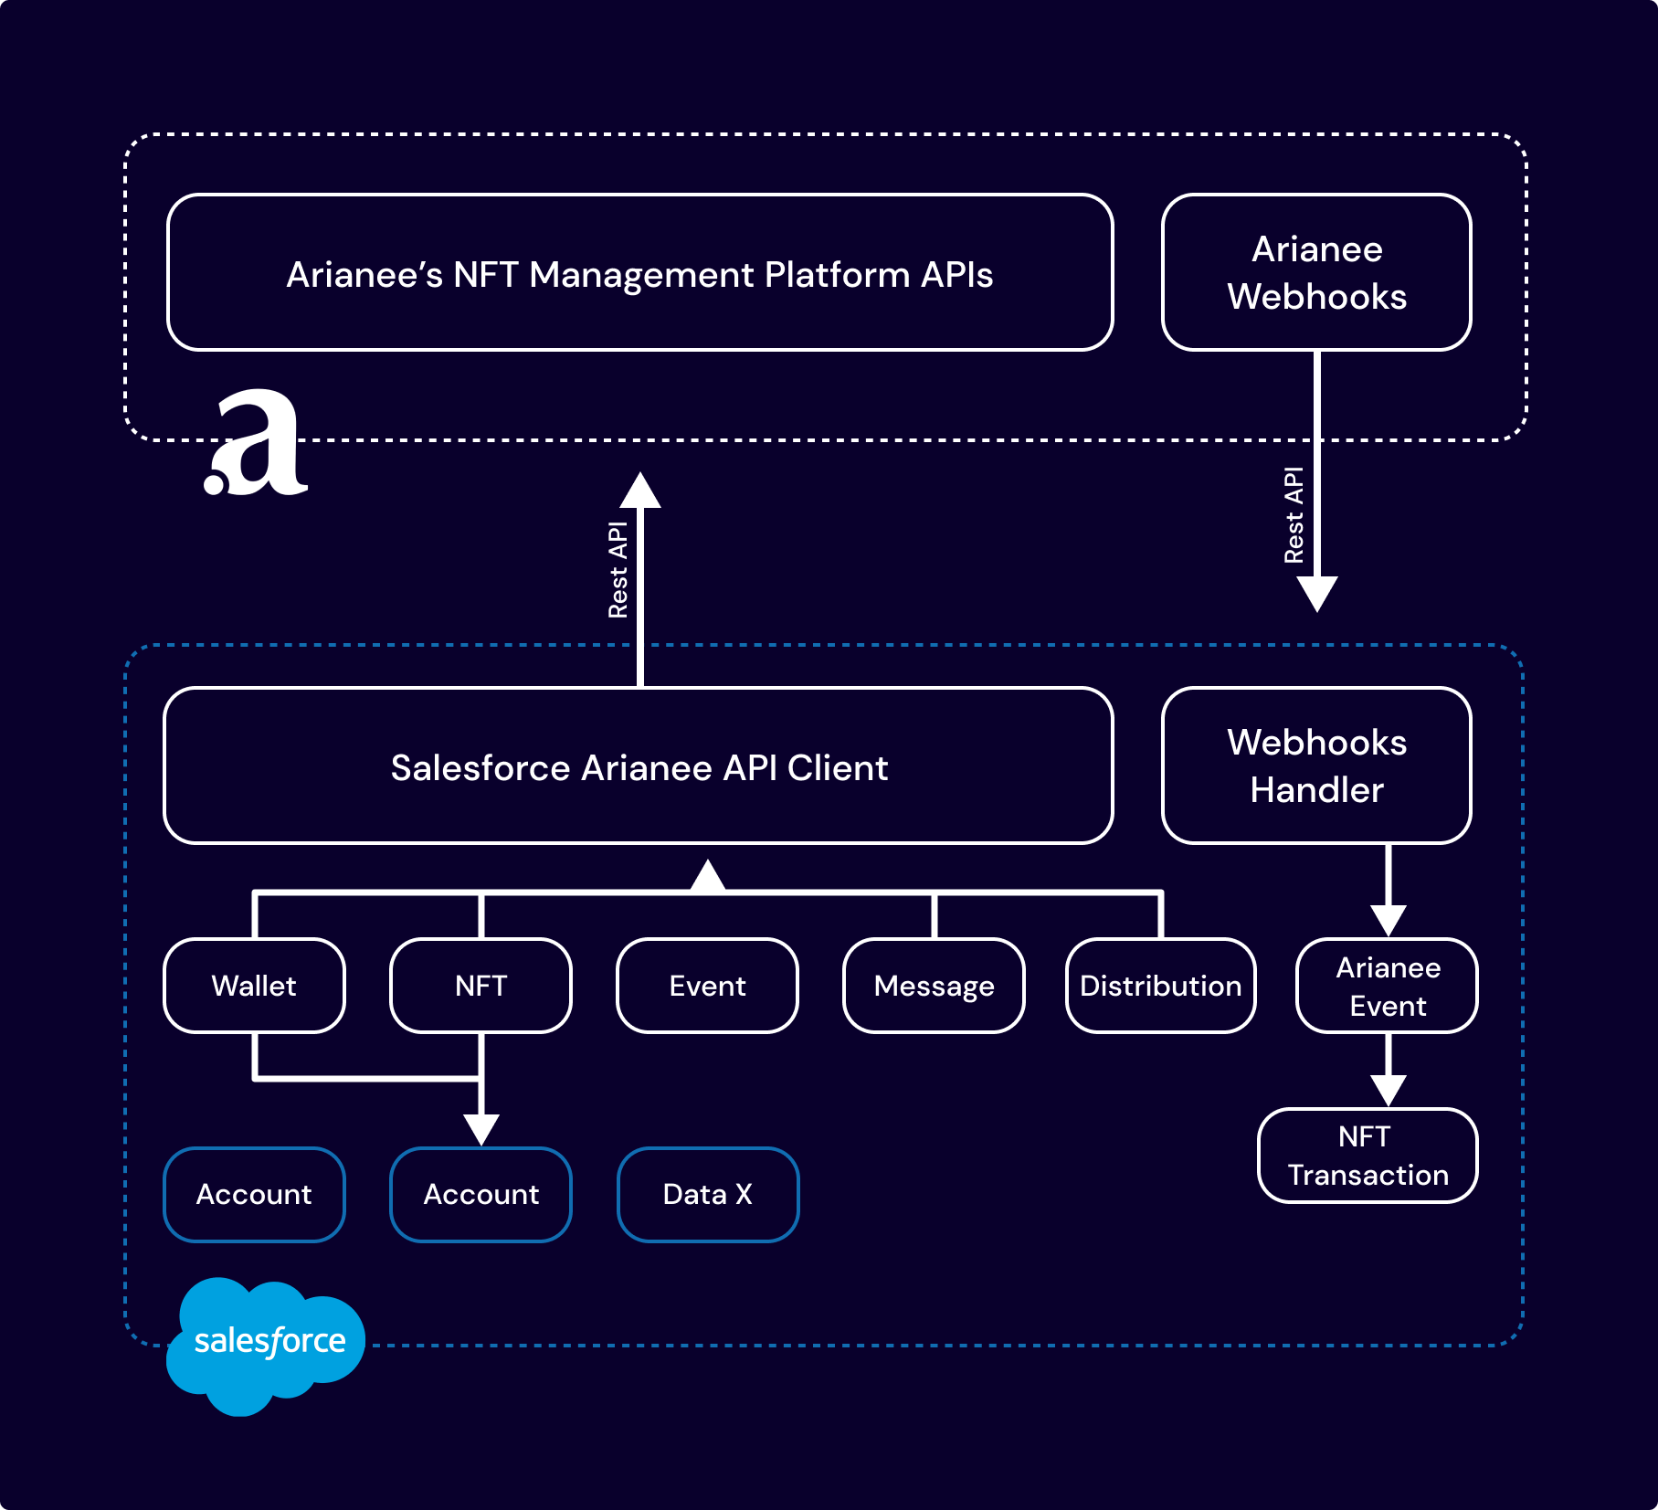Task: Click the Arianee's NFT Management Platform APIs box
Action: coord(639,272)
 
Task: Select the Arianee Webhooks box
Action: coord(1316,272)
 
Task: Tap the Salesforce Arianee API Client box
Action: coord(639,766)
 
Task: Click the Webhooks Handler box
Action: coord(1316,766)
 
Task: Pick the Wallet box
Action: coord(254,986)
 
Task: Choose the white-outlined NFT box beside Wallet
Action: coord(481,986)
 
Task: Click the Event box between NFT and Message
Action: coord(707,986)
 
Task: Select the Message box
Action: coord(934,986)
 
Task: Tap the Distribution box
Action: coord(1160,986)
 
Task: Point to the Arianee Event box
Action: coord(1387,986)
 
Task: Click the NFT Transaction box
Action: coord(1368,1156)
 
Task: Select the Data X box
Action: coord(708,1194)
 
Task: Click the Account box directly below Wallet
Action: coord(254,1194)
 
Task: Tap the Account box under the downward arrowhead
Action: coord(481,1194)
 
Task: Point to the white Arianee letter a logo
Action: coord(259,445)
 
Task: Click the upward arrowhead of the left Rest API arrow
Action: coord(640,491)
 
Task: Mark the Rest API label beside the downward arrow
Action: coord(1294,515)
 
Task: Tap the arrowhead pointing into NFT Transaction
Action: coord(1388,1090)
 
